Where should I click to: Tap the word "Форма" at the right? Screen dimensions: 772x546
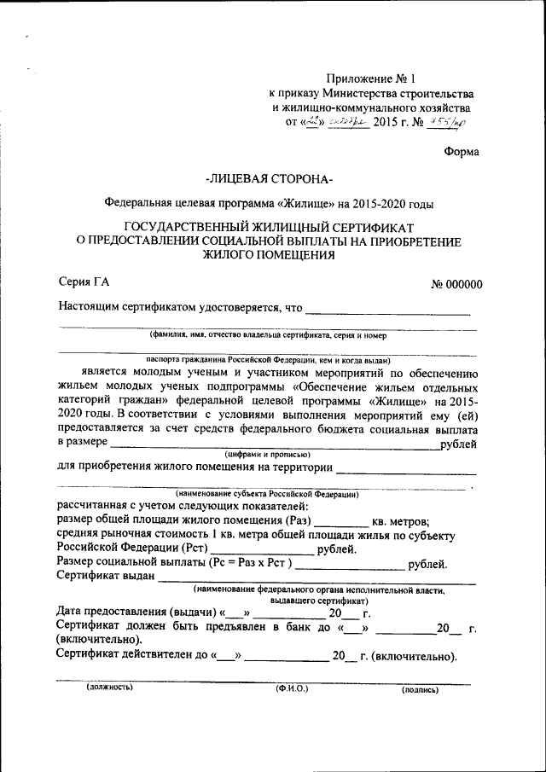coord(462,152)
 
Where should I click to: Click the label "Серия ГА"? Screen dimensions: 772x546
coord(84,282)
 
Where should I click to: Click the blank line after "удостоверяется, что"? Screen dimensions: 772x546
coord(388,308)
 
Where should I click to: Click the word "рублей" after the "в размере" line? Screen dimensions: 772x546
coord(457,444)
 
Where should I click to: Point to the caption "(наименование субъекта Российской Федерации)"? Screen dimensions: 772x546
coord(267,494)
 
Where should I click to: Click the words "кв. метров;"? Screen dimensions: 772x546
coord(401,522)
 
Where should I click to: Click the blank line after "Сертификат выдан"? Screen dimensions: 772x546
coord(316,577)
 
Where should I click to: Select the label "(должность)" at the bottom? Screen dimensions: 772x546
coord(110,688)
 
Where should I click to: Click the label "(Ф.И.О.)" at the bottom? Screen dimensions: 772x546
coord(291,688)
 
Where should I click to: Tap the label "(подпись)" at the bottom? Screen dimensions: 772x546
coord(420,688)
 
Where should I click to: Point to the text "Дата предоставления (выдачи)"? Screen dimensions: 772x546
coord(136,612)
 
